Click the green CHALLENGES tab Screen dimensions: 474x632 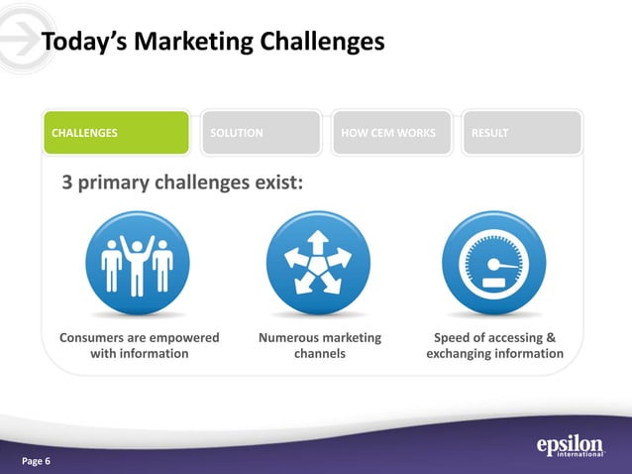pyautogui.click(x=115, y=133)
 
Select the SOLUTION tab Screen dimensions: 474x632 pyautogui.click(x=260, y=133)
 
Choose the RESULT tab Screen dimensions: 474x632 pyautogui.click(x=521, y=133)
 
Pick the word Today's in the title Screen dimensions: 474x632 pyautogui.click(x=83, y=43)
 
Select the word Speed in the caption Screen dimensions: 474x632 pyautogui.click(x=452, y=338)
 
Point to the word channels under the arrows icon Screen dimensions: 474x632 pyautogui.click(x=319, y=354)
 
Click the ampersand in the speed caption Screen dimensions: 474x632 pyautogui.click(x=551, y=338)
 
